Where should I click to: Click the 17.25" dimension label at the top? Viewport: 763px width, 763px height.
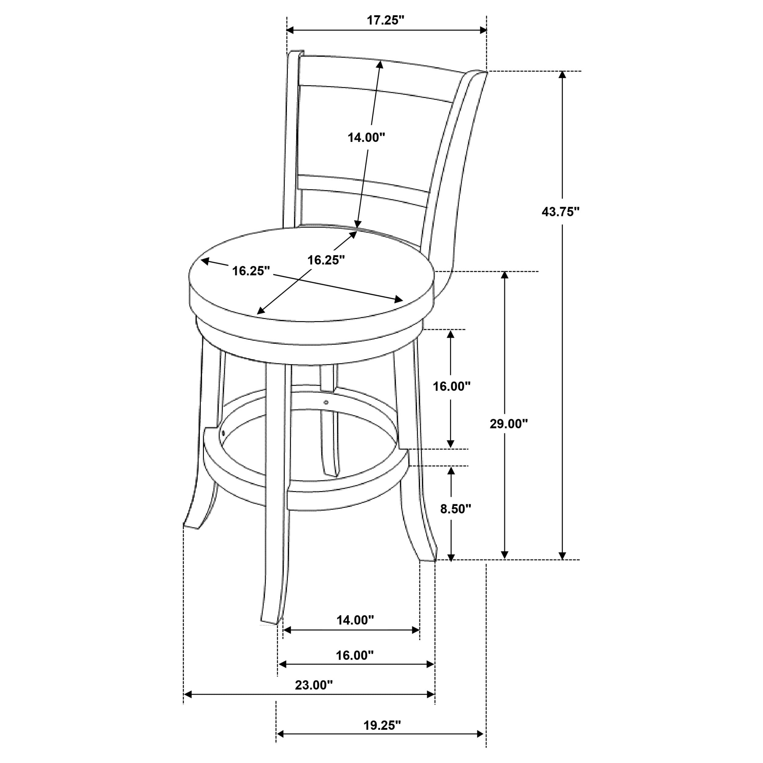(x=386, y=20)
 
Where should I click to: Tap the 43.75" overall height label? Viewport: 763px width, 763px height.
(x=560, y=212)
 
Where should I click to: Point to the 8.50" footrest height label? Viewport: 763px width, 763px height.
(x=456, y=509)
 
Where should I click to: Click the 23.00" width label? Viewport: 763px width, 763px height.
(x=314, y=685)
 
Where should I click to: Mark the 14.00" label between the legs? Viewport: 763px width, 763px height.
(x=355, y=631)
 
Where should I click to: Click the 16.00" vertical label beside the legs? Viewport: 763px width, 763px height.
(x=452, y=386)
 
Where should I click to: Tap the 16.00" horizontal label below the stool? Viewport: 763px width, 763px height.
(x=355, y=656)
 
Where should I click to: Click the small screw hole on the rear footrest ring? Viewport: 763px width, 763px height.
(x=326, y=403)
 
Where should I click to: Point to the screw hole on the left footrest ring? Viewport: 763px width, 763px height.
(x=223, y=433)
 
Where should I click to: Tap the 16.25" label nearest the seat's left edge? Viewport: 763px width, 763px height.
(x=250, y=271)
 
